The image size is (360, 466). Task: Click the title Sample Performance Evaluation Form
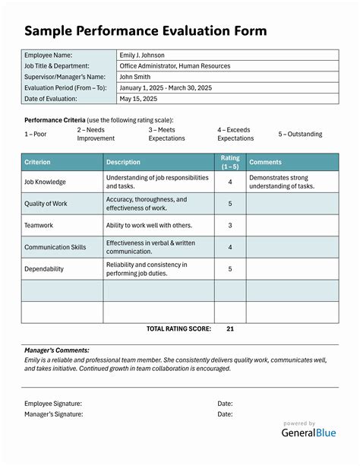tap(145, 30)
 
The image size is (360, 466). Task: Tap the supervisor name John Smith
tap(136, 77)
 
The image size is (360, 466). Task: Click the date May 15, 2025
tap(137, 99)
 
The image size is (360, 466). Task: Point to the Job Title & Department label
tap(62, 66)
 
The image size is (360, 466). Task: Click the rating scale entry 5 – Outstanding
tap(300, 135)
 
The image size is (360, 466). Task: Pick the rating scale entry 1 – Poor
tap(36, 135)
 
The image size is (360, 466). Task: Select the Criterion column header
tap(38, 162)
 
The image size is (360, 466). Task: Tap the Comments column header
tap(265, 162)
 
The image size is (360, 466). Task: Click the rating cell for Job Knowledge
tap(229, 182)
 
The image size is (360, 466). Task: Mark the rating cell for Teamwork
tap(229, 225)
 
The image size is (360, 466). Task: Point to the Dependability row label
tap(44, 269)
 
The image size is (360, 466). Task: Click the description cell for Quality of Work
tap(146, 204)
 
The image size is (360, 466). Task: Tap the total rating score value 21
tap(230, 329)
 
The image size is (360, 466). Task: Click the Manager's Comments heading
tap(56, 350)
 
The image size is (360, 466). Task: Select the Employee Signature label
tap(53, 404)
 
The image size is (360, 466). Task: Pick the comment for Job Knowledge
tap(282, 182)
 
